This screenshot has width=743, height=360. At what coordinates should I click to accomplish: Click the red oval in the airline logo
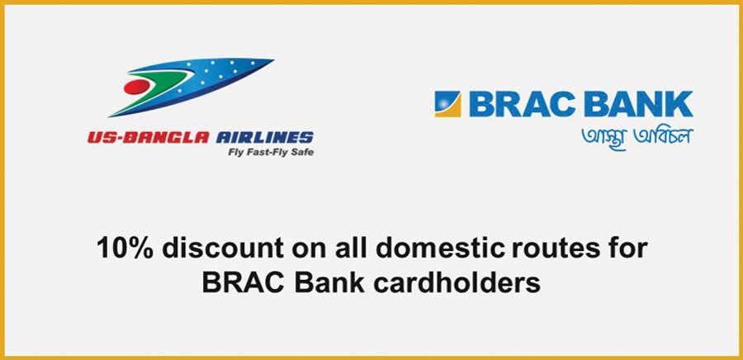[136, 87]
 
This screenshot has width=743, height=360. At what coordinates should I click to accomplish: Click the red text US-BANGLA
[148, 138]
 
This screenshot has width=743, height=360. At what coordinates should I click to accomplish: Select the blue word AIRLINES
[265, 138]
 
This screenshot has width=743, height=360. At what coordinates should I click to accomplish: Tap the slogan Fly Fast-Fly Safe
[271, 153]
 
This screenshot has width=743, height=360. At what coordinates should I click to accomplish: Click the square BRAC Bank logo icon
[447, 104]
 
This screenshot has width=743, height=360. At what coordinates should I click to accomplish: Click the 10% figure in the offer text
[125, 248]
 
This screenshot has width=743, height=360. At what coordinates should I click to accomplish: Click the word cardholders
[457, 283]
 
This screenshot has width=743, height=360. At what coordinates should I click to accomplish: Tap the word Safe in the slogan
[302, 153]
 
